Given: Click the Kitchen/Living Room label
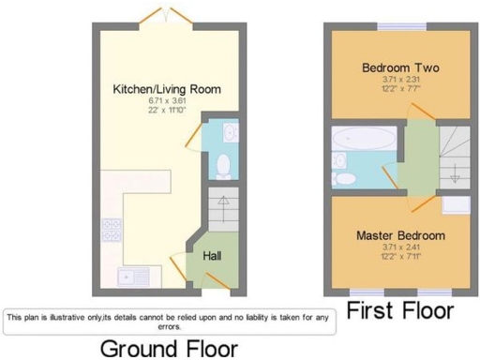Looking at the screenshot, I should pyautogui.click(x=167, y=89).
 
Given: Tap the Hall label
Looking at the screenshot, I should pyautogui.click(x=213, y=253).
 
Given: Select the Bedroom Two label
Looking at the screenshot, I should pyautogui.click(x=400, y=68).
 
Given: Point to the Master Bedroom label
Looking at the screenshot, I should pyautogui.click(x=399, y=235).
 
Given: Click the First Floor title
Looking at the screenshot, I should pyautogui.click(x=400, y=312).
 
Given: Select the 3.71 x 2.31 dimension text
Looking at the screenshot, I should pyautogui.click(x=400, y=82).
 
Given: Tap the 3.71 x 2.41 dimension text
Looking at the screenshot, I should pyautogui.click(x=399, y=247).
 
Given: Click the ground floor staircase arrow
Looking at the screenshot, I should pyautogui.click(x=223, y=201).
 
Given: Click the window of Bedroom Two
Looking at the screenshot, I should pyautogui.click(x=400, y=23).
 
